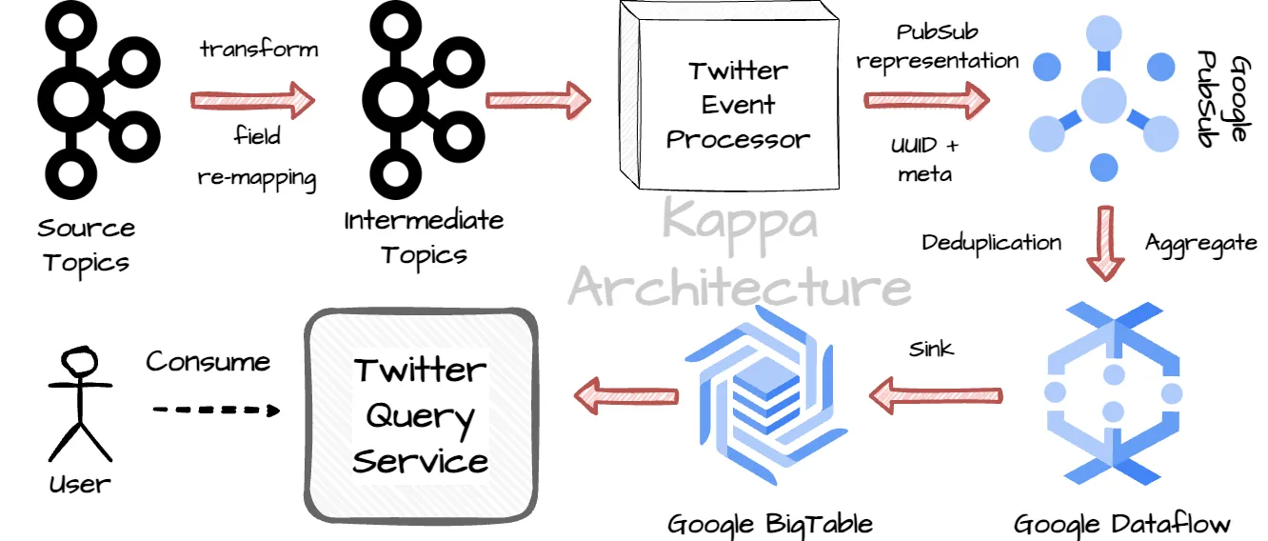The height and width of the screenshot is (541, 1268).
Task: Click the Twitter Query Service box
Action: [420, 413]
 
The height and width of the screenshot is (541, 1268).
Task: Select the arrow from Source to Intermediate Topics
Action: [252, 98]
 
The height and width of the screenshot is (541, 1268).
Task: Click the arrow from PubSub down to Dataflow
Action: [1105, 242]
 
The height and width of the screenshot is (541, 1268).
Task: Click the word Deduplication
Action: [991, 243]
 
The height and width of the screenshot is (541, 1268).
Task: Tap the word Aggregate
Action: [1200, 243]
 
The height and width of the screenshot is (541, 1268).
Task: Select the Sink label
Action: [930, 349]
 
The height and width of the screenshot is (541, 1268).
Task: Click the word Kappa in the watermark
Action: [739, 220]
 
